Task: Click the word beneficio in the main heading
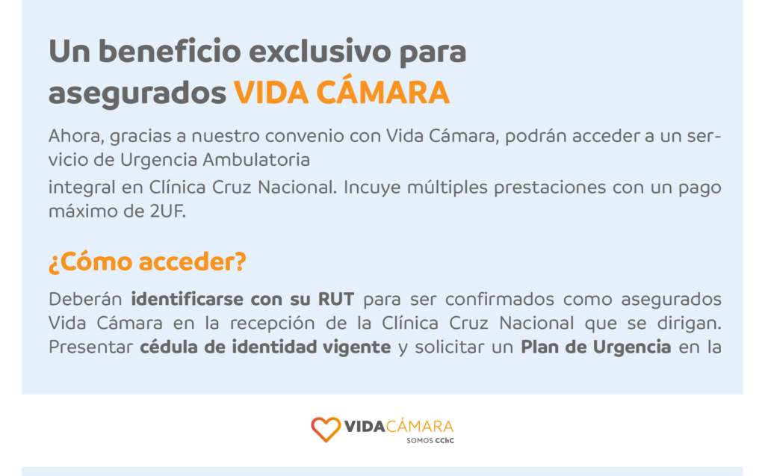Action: (x=170, y=51)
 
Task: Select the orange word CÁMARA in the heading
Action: (x=382, y=92)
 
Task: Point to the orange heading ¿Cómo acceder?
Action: (x=147, y=262)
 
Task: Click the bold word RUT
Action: (x=336, y=299)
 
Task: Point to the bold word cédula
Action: (x=168, y=347)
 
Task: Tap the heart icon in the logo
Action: (x=326, y=430)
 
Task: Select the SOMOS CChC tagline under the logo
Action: (x=430, y=440)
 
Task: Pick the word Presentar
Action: (x=90, y=347)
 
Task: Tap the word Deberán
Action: (x=85, y=299)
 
